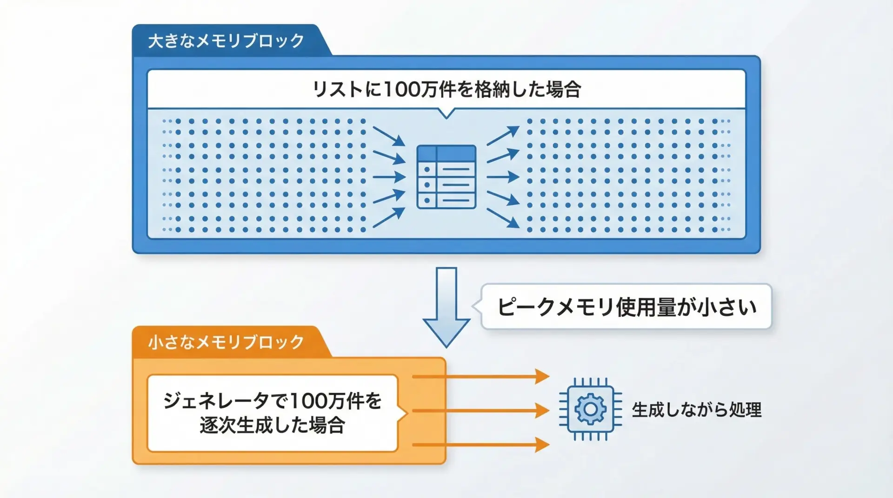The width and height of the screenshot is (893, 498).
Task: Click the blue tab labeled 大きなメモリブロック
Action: (x=227, y=41)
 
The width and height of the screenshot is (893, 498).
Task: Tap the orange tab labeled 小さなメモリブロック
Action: (x=227, y=342)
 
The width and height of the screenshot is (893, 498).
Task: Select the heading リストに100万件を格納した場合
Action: (x=446, y=89)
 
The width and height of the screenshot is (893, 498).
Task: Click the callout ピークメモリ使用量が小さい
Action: (x=626, y=307)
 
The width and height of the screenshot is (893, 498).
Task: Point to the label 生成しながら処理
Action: (x=696, y=410)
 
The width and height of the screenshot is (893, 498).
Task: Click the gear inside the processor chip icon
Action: (x=590, y=409)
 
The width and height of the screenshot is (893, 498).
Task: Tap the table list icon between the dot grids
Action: (x=446, y=177)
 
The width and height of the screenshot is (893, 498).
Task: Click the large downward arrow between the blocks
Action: (x=446, y=307)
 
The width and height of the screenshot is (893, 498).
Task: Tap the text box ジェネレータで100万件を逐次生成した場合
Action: (x=273, y=413)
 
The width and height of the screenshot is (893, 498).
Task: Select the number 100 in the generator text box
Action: (x=308, y=400)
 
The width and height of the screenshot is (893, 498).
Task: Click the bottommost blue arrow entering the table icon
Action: (x=389, y=217)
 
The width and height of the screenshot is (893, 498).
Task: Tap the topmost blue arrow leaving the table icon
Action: (x=503, y=135)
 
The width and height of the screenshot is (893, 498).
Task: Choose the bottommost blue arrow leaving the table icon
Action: (x=503, y=218)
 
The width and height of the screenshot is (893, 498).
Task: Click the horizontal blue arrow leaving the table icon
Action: (x=503, y=177)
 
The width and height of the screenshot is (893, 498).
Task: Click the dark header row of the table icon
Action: (x=446, y=153)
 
